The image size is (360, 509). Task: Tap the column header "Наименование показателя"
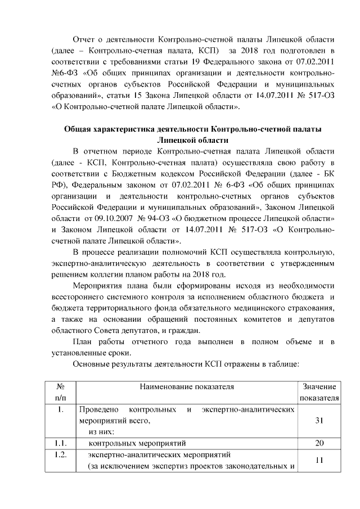188,387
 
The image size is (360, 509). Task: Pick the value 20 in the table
318,443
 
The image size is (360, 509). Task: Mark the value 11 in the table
318,460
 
